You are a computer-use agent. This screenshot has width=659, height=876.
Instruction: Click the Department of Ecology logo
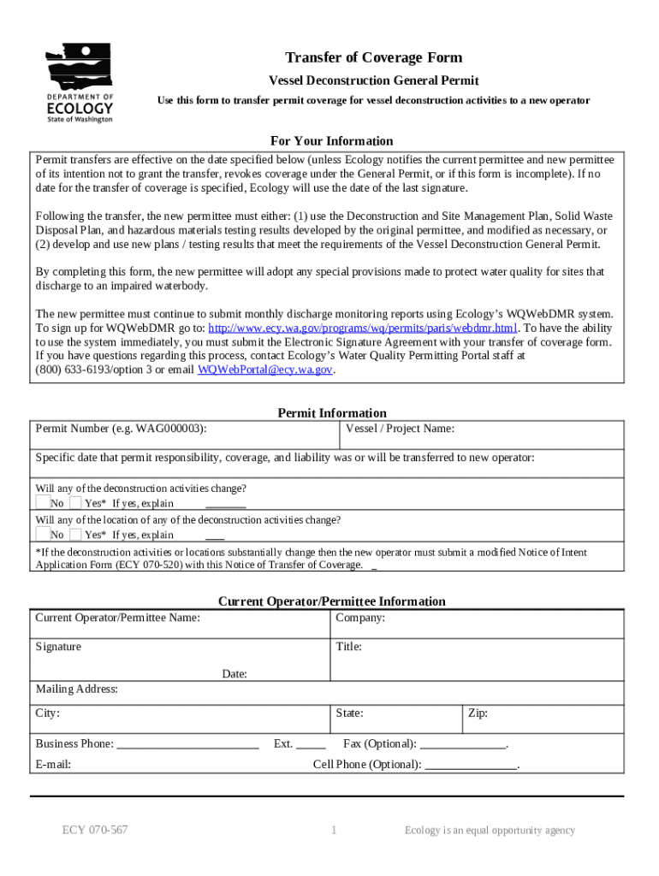(80, 82)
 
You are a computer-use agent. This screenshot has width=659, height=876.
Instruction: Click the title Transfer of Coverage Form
(373, 57)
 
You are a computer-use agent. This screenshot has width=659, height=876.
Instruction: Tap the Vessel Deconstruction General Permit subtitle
(373, 80)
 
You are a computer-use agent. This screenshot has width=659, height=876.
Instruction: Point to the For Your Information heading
(331, 141)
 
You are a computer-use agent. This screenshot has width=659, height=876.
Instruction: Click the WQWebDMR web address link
(363, 328)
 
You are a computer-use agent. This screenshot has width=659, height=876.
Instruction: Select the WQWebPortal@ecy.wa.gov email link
(264, 370)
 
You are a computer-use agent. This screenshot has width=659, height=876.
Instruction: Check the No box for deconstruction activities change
(42, 502)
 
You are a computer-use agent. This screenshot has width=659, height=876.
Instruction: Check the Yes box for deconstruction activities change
(75, 502)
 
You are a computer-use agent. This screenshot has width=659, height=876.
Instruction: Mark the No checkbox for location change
(42, 534)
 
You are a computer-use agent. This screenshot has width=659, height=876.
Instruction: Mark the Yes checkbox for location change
(75, 534)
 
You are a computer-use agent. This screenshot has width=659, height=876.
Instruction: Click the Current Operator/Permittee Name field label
(117, 618)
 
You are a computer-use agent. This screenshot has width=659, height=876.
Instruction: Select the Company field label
(360, 618)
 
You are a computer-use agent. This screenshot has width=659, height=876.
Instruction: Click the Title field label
(348, 647)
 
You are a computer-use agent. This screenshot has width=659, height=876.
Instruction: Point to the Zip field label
(478, 713)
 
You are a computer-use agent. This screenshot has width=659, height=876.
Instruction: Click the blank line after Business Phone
(187, 745)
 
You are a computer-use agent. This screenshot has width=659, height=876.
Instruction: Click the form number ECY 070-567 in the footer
(95, 830)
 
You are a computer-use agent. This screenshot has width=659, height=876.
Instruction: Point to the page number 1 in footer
(334, 830)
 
